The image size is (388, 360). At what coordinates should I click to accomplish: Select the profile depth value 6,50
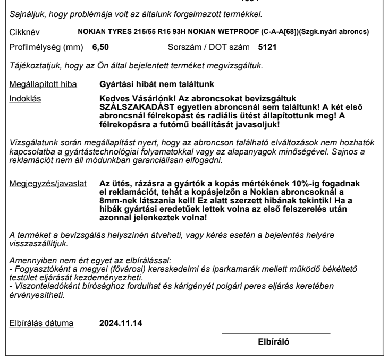click(100, 47)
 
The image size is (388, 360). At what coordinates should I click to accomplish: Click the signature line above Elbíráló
click(275, 333)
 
